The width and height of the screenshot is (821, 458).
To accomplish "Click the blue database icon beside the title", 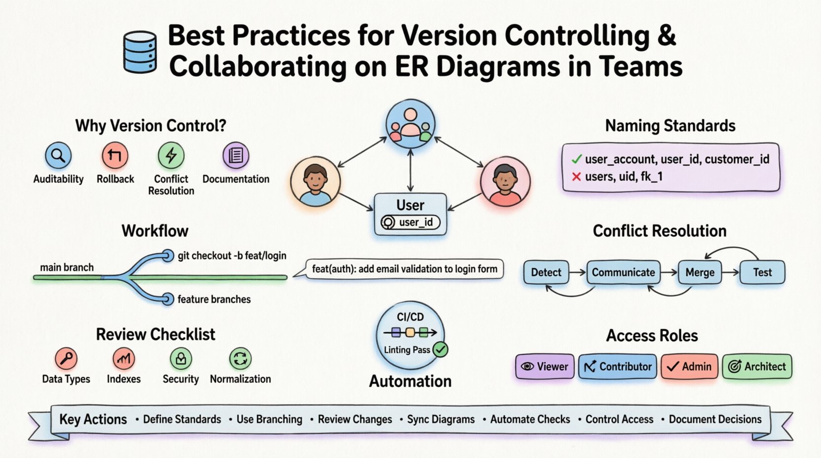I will [140, 52].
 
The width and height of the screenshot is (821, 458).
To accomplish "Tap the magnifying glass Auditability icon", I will [58, 156].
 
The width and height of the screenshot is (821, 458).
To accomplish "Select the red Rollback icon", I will [115, 156].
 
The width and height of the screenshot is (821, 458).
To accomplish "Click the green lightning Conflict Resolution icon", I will [171, 156].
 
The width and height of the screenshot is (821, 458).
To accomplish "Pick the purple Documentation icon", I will [235, 156].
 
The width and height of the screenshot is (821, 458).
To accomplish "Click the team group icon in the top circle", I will [410, 124].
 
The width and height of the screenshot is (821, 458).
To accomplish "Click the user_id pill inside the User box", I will [410, 223].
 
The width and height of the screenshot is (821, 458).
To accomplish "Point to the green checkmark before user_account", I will [576, 159].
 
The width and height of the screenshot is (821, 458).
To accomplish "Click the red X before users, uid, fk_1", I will [576, 177].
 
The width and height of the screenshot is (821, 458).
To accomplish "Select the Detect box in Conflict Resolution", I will [546, 272].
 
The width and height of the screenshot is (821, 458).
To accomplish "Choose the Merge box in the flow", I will [700, 272].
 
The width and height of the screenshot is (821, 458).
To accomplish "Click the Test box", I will [762, 272].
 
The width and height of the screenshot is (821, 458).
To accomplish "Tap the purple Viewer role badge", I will [545, 367].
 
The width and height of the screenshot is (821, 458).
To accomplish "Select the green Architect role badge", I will [757, 367].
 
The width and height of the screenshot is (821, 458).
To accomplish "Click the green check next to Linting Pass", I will [440, 350].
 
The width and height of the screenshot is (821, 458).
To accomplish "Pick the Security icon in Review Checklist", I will [181, 359].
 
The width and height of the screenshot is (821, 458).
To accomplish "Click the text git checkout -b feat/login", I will [232, 256].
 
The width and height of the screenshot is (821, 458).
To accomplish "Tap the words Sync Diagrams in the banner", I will [441, 420].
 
